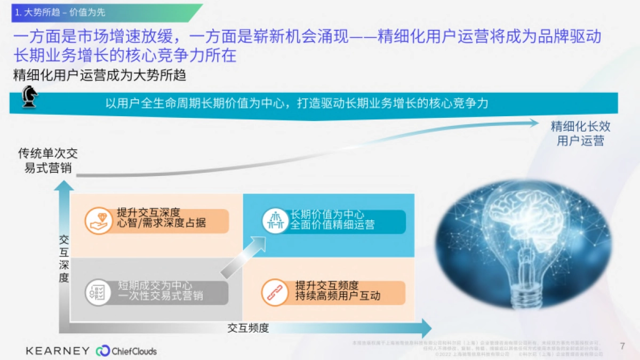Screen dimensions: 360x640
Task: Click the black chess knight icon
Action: pyautogui.click(x=30, y=99)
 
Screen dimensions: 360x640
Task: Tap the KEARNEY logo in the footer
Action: pyautogui.click(x=58, y=350)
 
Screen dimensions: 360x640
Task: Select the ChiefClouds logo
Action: pyautogui.click(x=126, y=351)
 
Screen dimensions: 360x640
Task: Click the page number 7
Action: pyautogui.click(x=622, y=346)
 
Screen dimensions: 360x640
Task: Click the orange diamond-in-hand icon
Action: pyautogui.click(x=99, y=220)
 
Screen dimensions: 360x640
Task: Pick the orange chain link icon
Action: pyautogui.click(x=275, y=292)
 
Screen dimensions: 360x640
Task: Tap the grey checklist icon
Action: pyautogui.click(x=99, y=292)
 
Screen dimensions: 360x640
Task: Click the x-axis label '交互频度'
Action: pyautogui.click(x=248, y=328)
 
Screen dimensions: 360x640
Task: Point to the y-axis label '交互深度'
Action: pyautogui.click(x=64, y=259)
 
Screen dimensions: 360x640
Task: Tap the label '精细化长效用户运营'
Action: pyautogui.click(x=580, y=134)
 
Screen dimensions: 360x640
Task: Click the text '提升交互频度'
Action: pyautogui.click(x=326, y=286)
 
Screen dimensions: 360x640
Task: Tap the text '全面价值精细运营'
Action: pyautogui.click(x=332, y=225)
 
